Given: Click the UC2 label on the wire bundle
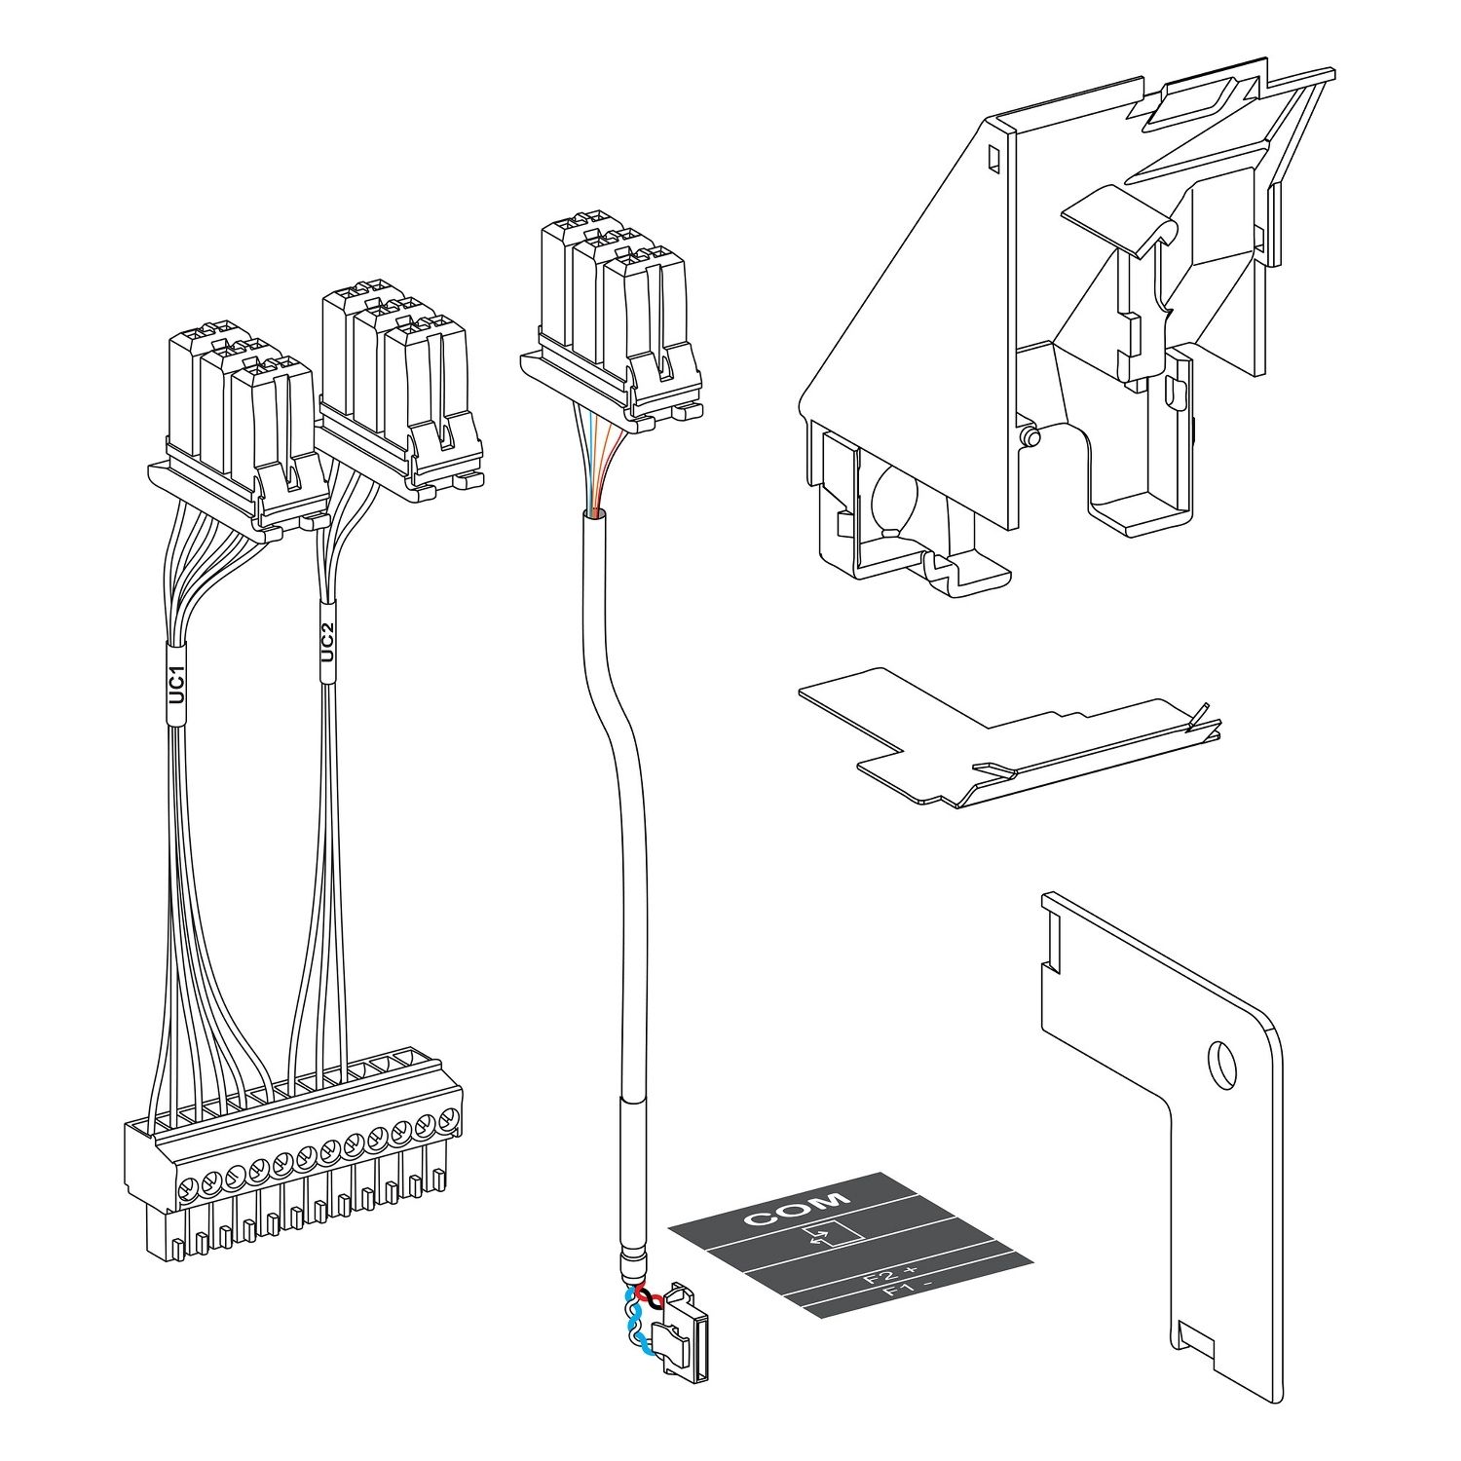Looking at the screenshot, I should click(327, 643).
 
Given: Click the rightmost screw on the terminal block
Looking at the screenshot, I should click(449, 1118).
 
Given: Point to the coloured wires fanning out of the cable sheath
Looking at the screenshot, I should click(596, 468).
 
